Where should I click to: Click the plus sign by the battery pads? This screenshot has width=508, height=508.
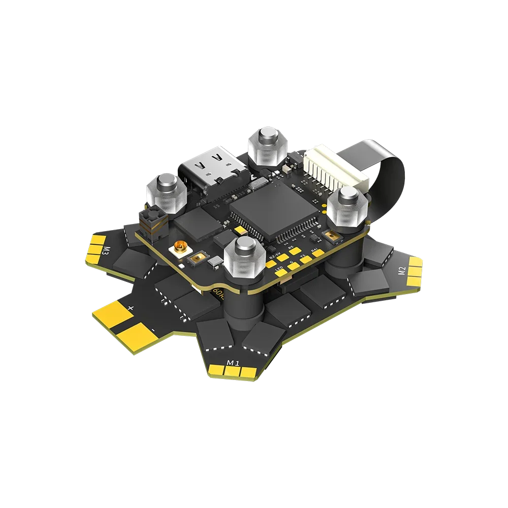[131, 307]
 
